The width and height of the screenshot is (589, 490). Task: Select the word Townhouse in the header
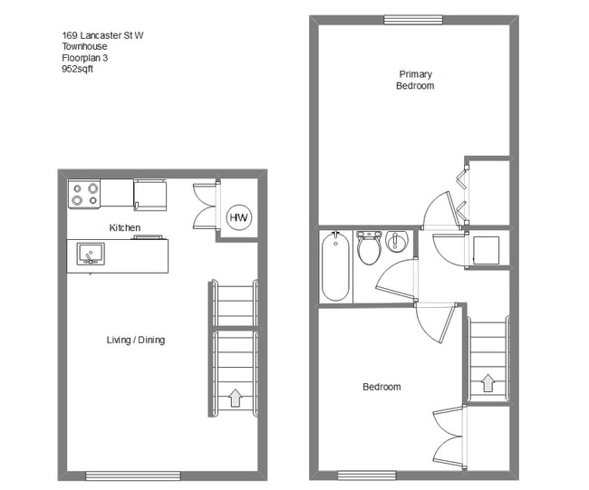(x=83, y=46)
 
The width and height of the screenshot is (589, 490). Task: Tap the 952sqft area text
(x=77, y=68)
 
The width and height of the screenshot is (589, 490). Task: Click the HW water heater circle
(x=238, y=218)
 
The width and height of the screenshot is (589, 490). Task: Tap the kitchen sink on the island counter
(x=89, y=254)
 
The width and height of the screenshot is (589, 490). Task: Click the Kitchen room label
(x=124, y=227)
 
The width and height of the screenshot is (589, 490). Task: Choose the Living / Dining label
(x=136, y=341)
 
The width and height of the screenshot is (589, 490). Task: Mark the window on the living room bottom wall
(x=133, y=476)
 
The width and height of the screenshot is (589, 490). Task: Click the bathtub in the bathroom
(x=335, y=266)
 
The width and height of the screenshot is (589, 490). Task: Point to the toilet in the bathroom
(x=369, y=248)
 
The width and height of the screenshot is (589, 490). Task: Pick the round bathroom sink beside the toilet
(x=396, y=242)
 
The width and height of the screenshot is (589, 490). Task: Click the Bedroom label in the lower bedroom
(x=381, y=387)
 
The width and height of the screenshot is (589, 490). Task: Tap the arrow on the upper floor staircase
(x=488, y=383)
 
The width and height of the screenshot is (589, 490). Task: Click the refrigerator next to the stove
(x=150, y=193)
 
